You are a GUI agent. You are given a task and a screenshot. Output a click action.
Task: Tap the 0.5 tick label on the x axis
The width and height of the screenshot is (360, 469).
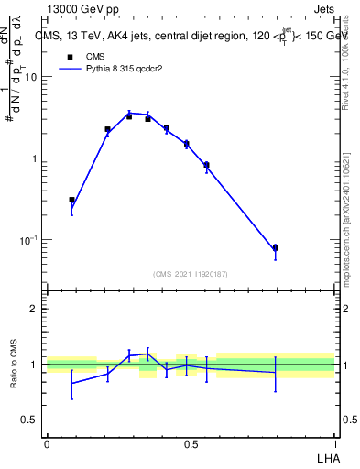pyautogui.click(x=191, y=444)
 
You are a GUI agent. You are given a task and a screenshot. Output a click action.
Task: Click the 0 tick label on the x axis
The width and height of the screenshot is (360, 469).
pyautogui.click(x=47, y=444)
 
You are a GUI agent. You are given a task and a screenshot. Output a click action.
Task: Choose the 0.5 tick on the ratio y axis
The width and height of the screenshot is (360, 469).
pyautogui.click(x=30, y=420)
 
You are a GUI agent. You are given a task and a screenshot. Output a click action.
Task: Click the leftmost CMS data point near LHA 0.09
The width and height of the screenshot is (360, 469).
pyautogui.click(x=72, y=200)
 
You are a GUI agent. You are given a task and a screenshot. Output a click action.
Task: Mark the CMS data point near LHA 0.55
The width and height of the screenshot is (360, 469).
pyautogui.click(x=206, y=165)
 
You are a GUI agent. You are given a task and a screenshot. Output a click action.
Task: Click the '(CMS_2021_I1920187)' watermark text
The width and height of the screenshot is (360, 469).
pyautogui.click(x=191, y=273)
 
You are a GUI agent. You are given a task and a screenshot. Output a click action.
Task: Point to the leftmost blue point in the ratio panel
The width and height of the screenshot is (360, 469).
pyautogui.click(x=72, y=383)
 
